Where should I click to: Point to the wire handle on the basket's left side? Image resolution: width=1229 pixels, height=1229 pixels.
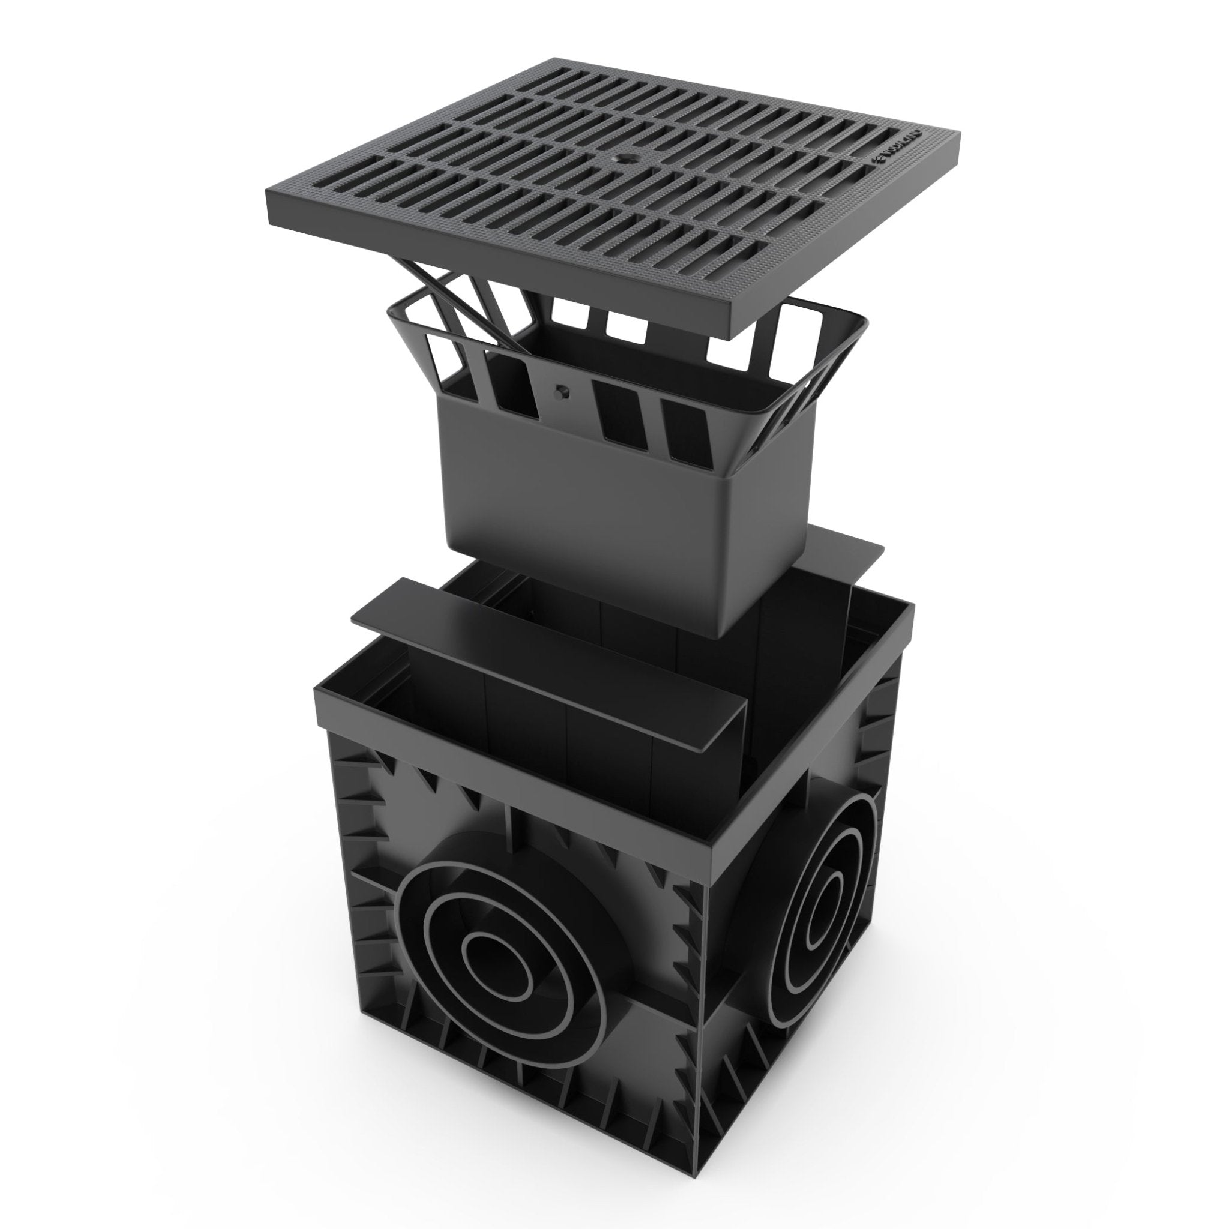(x=413, y=331)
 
